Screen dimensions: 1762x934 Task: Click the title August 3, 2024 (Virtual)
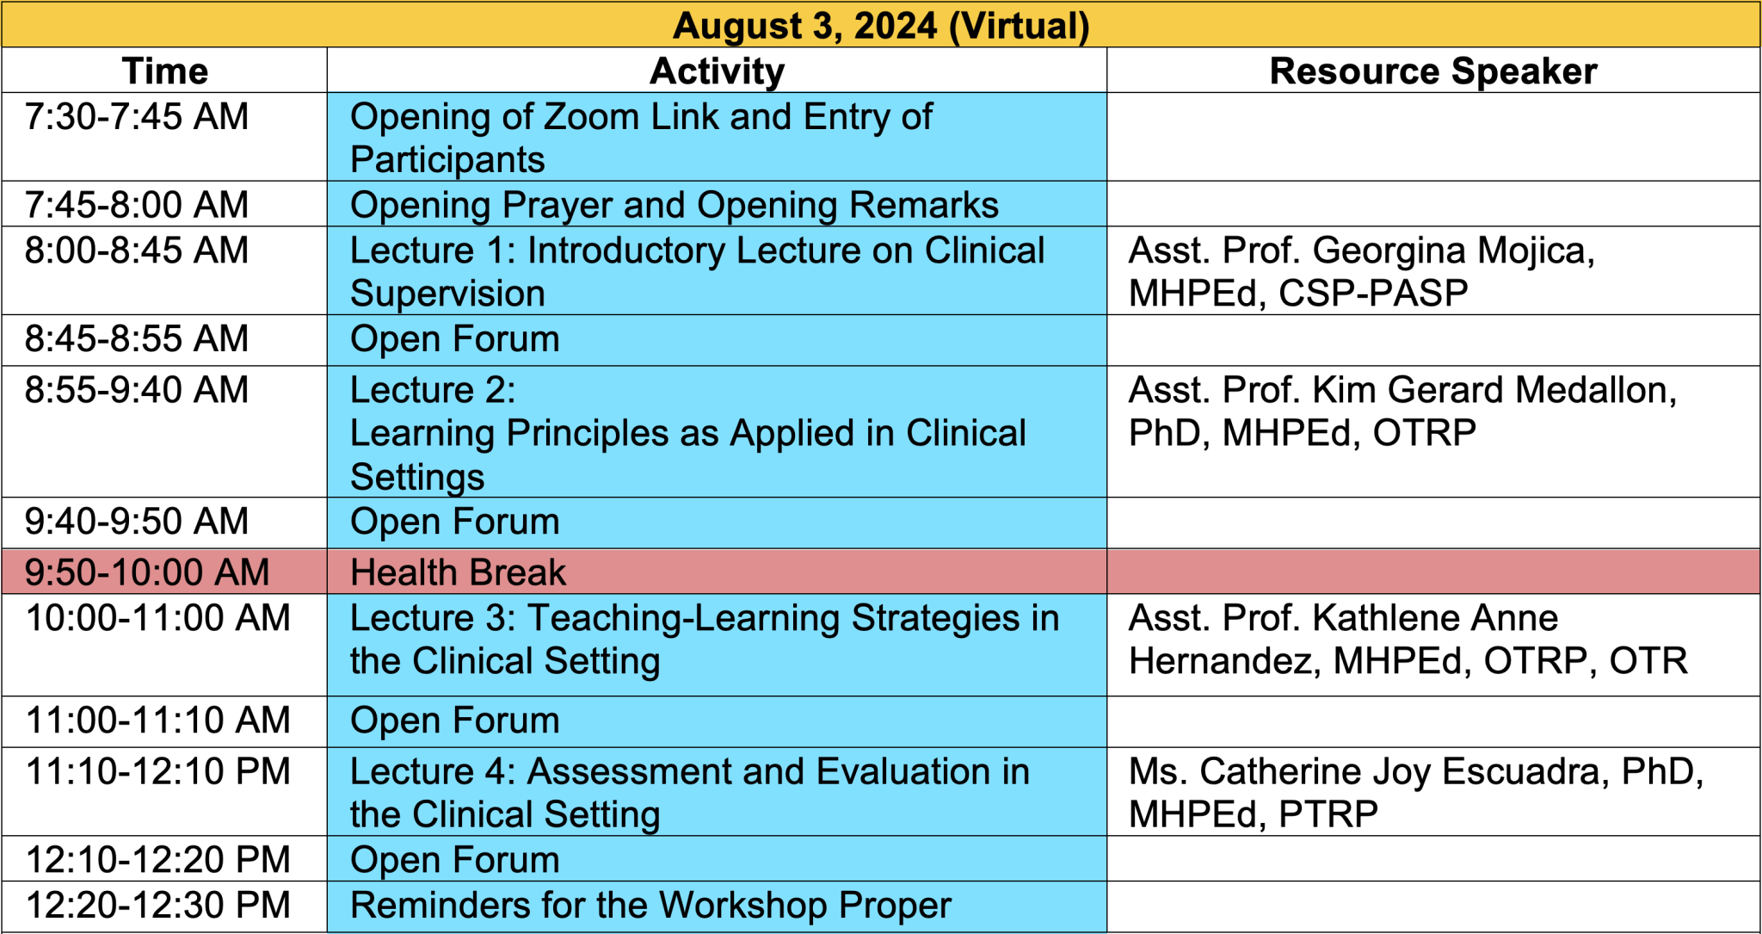pos(881,26)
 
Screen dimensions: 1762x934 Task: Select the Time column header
pos(165,71)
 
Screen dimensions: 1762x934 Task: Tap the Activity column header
pos(717,71)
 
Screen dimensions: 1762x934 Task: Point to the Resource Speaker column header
pos(1433,71)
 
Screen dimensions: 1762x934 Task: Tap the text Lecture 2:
pos(433,390)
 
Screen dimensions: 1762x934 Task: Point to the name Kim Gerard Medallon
pos(1491,390)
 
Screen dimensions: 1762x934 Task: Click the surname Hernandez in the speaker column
pos(1221,661)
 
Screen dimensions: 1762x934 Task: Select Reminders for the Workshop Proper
pos(651,906)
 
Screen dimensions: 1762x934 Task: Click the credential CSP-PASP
pos(1373,294)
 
